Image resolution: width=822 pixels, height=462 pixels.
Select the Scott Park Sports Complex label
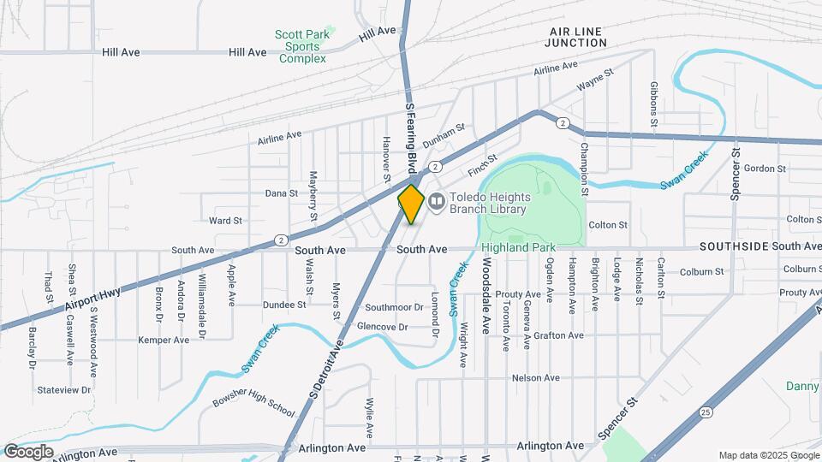pyautogui.click(x=302, y=46)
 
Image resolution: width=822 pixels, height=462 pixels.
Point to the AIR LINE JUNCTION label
pyautogui.click(x=575, y=36)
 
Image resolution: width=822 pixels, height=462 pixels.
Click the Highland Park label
pyautogui.click(x=518, y=247)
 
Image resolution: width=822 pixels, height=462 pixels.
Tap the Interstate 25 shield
pyautogui.click(x=704, y=412)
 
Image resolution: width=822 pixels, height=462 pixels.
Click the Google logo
pyautogui.click(x=27, y=452)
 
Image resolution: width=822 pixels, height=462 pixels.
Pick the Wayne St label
pyautogui.click(x=595, y=81)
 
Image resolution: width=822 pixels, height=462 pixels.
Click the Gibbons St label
pyautogui.click(x=653, y=104)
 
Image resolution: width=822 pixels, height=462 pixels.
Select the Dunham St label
pyautogui.click(x=443, y=132)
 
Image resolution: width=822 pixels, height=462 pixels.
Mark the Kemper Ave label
pyautogui.click(x=164, y=340)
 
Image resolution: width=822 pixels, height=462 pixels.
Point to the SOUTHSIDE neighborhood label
pyautogui.click(x=733, y=246)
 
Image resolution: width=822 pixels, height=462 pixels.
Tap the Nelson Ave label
pyautogui.click(x=535, y=377)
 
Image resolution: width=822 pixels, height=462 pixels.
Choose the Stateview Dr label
pyautogui.click(x=64, y=390)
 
